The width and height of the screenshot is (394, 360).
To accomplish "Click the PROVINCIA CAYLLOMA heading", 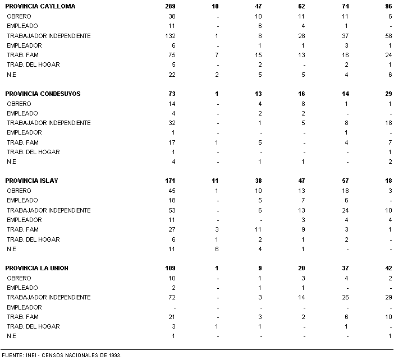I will (x=40, y=7).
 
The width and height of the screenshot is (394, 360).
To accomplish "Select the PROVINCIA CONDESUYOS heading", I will (x=43, y=94).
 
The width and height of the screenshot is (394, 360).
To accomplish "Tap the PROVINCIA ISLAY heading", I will (x=32, y=181).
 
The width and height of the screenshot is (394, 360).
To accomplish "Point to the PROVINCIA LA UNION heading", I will (x=37, y=268).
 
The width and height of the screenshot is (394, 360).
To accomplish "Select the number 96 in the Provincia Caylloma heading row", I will (x=388, y=7).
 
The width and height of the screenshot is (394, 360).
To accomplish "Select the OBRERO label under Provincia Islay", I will (x=19, y=191).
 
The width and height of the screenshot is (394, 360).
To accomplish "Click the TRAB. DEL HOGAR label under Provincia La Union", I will (x=33, y=326).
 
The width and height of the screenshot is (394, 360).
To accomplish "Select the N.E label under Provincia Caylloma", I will (x=12, y=75).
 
